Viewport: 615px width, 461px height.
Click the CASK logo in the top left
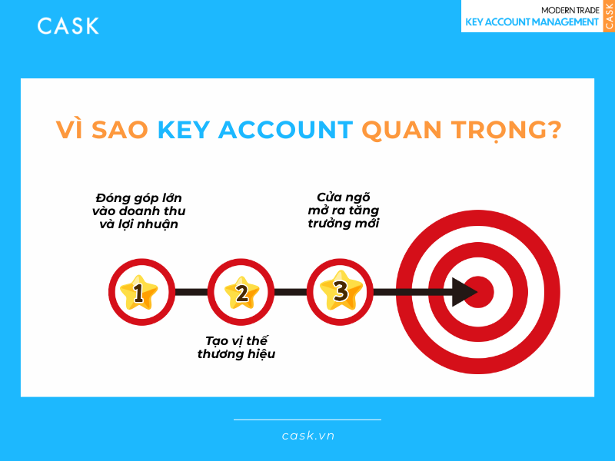[68, 25]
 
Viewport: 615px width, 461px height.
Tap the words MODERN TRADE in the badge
[570, 9]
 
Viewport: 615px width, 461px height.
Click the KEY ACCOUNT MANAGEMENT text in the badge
[532, 22]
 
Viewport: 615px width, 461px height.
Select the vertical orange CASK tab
[609, 16]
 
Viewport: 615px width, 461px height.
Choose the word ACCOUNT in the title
[286, 130]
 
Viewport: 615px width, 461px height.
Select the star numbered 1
[139, 292]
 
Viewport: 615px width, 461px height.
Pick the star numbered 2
[241, 292]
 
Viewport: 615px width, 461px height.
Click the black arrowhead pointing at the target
[464, 292]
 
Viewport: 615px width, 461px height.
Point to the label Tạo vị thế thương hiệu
[236, 347]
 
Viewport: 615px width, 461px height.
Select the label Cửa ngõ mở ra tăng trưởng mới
[343, 210]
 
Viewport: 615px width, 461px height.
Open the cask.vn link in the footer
[307, 436]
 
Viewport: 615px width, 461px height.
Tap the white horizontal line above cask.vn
[307, 420]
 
